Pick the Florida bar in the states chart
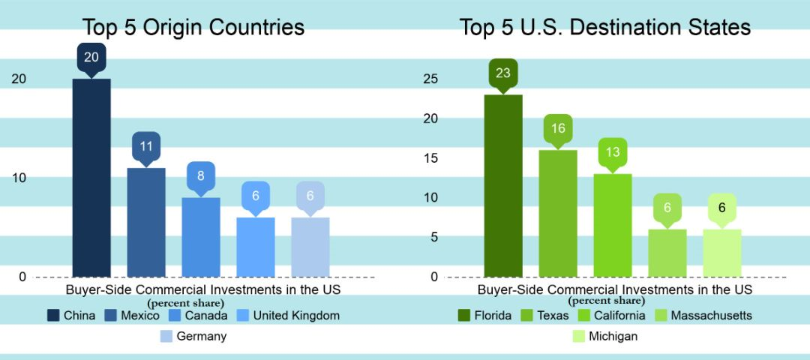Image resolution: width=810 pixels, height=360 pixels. point(503,185)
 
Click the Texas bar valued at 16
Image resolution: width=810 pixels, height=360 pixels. point(558,213)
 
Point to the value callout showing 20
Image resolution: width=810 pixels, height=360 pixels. point(91,57)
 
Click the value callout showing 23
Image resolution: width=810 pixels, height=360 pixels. point(503,73)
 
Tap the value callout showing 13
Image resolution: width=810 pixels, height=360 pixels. point(613,152)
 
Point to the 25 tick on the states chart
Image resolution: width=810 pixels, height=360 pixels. point(430,79)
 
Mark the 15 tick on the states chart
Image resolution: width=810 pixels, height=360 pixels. point(430,158)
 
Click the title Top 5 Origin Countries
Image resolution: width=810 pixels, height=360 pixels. point(193,28)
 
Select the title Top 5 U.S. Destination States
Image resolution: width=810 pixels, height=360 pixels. point(604,28)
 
